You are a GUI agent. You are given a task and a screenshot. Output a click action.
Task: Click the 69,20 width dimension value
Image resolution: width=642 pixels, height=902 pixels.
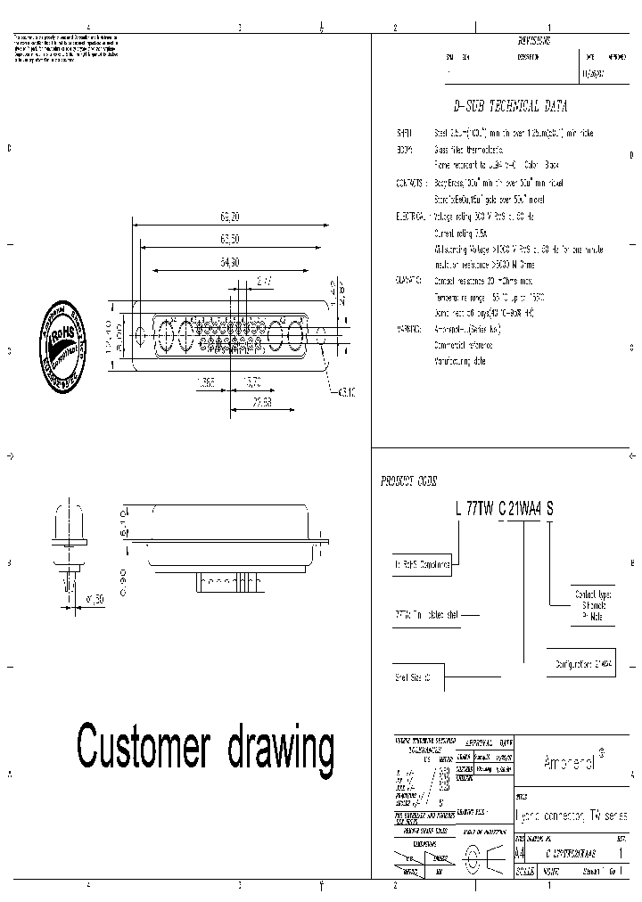229,217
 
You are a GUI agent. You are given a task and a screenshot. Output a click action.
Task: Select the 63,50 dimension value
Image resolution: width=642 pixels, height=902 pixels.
229,239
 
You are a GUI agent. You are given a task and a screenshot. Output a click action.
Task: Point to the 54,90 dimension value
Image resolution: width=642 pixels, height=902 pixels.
229,262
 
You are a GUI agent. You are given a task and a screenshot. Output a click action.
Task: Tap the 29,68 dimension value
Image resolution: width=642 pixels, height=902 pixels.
261,403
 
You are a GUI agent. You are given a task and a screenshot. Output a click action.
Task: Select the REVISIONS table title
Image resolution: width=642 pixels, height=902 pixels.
534,41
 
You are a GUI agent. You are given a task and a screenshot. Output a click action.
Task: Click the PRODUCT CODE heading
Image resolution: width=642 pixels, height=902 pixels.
409,481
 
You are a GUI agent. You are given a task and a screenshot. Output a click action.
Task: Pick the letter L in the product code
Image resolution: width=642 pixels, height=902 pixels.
458,509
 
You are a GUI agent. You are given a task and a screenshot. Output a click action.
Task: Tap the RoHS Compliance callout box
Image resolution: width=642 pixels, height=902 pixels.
422,563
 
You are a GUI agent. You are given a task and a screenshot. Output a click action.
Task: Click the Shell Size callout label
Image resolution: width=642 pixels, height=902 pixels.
414,677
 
